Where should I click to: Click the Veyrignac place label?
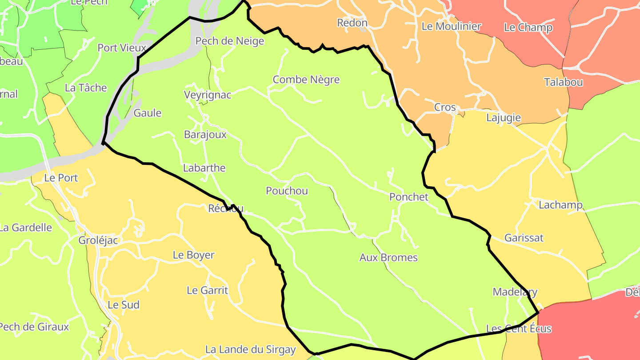tap(208, 95)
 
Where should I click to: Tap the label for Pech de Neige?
tap(230, 41)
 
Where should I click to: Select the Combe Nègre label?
tap(306, 80)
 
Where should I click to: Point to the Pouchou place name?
tap(287, 191)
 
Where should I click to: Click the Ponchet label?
tap(409, 197)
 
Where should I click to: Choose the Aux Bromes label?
tap(388, 258)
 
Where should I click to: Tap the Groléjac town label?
tap(98, 240)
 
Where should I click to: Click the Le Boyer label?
tap(194, 255)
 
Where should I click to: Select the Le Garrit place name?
tap(207, 291)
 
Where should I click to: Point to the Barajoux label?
tap(205, 135)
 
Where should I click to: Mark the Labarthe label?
tap(204, 168)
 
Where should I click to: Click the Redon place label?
tap(352, 23)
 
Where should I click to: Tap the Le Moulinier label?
tap(452, 26)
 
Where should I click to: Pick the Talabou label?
tap(564, 82)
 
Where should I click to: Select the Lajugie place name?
tap(504, 118)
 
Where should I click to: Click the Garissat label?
tap(524, 238)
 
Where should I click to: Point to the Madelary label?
tap(515, 292)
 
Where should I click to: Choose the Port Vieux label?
tap(121, 48)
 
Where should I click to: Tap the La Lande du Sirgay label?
tap(250, 350)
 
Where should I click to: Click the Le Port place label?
tap(61, 178)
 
